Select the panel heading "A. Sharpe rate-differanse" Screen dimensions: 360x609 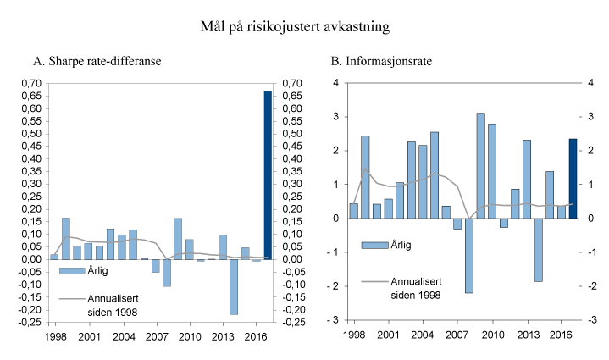(97, 61)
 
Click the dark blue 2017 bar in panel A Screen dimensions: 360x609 (268, 174)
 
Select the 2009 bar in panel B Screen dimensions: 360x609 (480, 165)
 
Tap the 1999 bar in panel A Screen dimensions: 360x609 (66, 238)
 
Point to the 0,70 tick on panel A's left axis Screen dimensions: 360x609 (30, 83)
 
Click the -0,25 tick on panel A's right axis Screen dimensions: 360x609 (293, 322)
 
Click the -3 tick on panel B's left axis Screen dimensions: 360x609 (335, 320)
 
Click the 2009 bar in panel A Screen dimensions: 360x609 (178, 238)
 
